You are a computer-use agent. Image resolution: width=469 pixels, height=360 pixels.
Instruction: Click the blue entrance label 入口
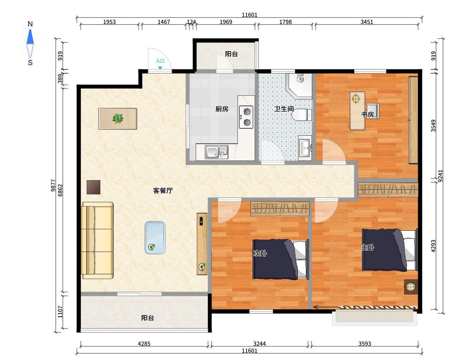[x=160, y=61]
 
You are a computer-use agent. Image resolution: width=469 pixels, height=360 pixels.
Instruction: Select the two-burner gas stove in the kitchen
[x=246, y=117]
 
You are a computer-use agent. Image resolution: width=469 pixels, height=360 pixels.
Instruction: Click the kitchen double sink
[x=216, y=152]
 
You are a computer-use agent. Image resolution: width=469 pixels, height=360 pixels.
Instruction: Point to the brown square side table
[x=93, y=187]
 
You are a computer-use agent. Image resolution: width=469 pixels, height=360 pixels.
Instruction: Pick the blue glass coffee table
[x=155, y=237]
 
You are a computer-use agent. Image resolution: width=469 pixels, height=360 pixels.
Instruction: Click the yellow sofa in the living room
[x=97, y=240]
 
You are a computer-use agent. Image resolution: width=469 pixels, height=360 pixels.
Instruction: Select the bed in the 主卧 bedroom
[x=390, y=250]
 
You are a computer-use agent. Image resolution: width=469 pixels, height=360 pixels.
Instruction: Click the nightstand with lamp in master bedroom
[x=411, y=287]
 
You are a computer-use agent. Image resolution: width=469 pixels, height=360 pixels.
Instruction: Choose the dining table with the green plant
[x=118, y=119]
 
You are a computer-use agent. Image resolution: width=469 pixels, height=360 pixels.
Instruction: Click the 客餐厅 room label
[x=163, y=191]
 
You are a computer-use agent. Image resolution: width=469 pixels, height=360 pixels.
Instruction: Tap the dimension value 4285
[x=144, y=344]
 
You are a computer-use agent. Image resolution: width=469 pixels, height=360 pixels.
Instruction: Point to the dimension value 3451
[x=367, y=22]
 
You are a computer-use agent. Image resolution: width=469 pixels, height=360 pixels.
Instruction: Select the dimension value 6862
[x=60, y=190]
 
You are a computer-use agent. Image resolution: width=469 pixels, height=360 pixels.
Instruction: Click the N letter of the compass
[x=30, y=24]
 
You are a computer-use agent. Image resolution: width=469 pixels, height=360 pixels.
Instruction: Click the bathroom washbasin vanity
[x=305, y=148]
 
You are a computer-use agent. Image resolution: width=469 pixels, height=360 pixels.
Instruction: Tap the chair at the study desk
[x=373, y=110]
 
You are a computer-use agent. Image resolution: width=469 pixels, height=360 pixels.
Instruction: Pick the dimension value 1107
[x=60, y=312]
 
